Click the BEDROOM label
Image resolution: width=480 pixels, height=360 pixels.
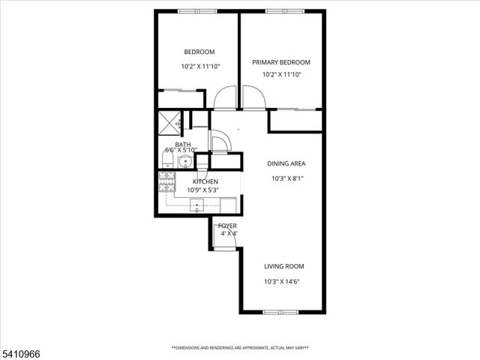click(199, 52)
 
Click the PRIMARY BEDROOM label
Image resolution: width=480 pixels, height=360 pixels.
click(280, 62)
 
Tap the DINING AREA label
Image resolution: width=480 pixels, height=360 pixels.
click(286, 163)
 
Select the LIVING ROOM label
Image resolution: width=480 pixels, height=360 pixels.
click(283, 266)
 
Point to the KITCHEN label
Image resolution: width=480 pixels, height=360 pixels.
click(205, 181)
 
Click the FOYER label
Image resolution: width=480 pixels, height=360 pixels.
click(227, 226)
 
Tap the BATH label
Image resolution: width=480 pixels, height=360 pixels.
click(182, 145)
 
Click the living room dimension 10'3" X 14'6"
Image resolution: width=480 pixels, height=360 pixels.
click(283, 281)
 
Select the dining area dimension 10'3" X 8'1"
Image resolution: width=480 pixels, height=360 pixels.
click(287, 178)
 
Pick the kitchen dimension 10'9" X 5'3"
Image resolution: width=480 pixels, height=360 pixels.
click(202, 190)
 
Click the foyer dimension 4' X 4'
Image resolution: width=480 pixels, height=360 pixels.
click(227, 233)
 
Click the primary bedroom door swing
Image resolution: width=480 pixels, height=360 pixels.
click(253, 97)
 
